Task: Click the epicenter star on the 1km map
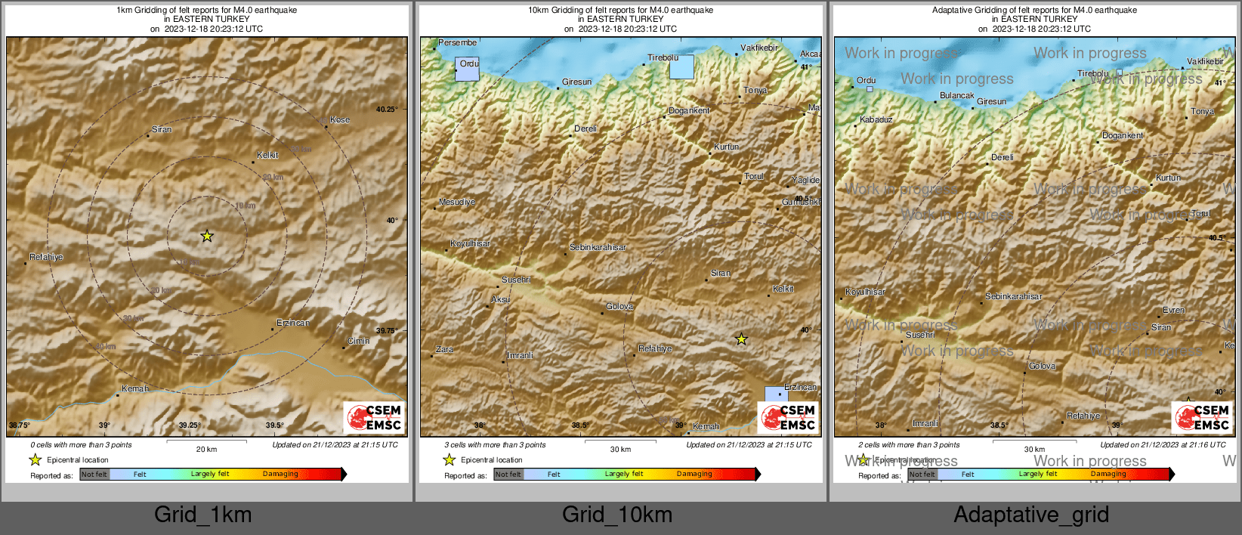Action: (x=207, y=237)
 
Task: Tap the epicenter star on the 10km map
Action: (x=742, y=339)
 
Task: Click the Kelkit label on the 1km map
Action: (x=267, y=155)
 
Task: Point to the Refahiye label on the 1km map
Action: (x=46, y=258)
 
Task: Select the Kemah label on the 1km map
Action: (x=135, y=389)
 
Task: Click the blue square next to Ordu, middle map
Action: (x=467, y=70)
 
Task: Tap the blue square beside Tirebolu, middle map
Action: (x=681, y=67)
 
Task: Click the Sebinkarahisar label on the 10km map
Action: (x=598, y=248)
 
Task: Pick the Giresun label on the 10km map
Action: (x=576, y=82)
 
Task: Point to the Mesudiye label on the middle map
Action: (x=457, y=203)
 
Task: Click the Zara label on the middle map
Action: (x=444, y=350)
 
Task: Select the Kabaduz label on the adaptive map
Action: (x=876, y=120)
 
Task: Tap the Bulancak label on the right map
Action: (x=956, y=96)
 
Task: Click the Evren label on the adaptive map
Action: (x=1173, y=311)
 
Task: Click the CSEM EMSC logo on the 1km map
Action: (x=375, y=418)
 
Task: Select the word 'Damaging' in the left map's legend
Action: (x=280, y=475)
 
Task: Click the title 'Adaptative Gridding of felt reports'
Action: (x=1034, y=11)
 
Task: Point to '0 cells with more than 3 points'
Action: (x=81, y=445)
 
